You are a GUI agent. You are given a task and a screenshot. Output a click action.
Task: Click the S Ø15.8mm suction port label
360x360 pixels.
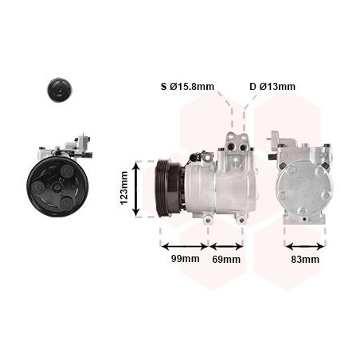point(187,87)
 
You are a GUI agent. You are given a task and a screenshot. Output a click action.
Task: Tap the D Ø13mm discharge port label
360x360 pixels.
point(272,87)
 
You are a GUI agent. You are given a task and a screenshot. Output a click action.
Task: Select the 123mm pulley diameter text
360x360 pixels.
point(124,188)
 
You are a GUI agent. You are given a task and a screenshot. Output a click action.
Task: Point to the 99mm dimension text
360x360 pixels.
point(185,259)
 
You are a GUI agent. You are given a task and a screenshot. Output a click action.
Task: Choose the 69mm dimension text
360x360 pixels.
point(226,260)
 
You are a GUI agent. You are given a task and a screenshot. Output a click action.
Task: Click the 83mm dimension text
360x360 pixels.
point(305,260)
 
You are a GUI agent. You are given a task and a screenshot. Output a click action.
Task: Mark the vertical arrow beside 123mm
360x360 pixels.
point(136,189)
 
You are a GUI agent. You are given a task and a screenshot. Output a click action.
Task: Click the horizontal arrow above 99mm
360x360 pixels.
point(185,246)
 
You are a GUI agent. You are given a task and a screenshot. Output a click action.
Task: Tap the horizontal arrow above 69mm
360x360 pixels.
point(226,247)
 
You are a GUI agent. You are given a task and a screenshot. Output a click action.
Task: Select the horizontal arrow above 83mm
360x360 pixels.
point(305,247)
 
